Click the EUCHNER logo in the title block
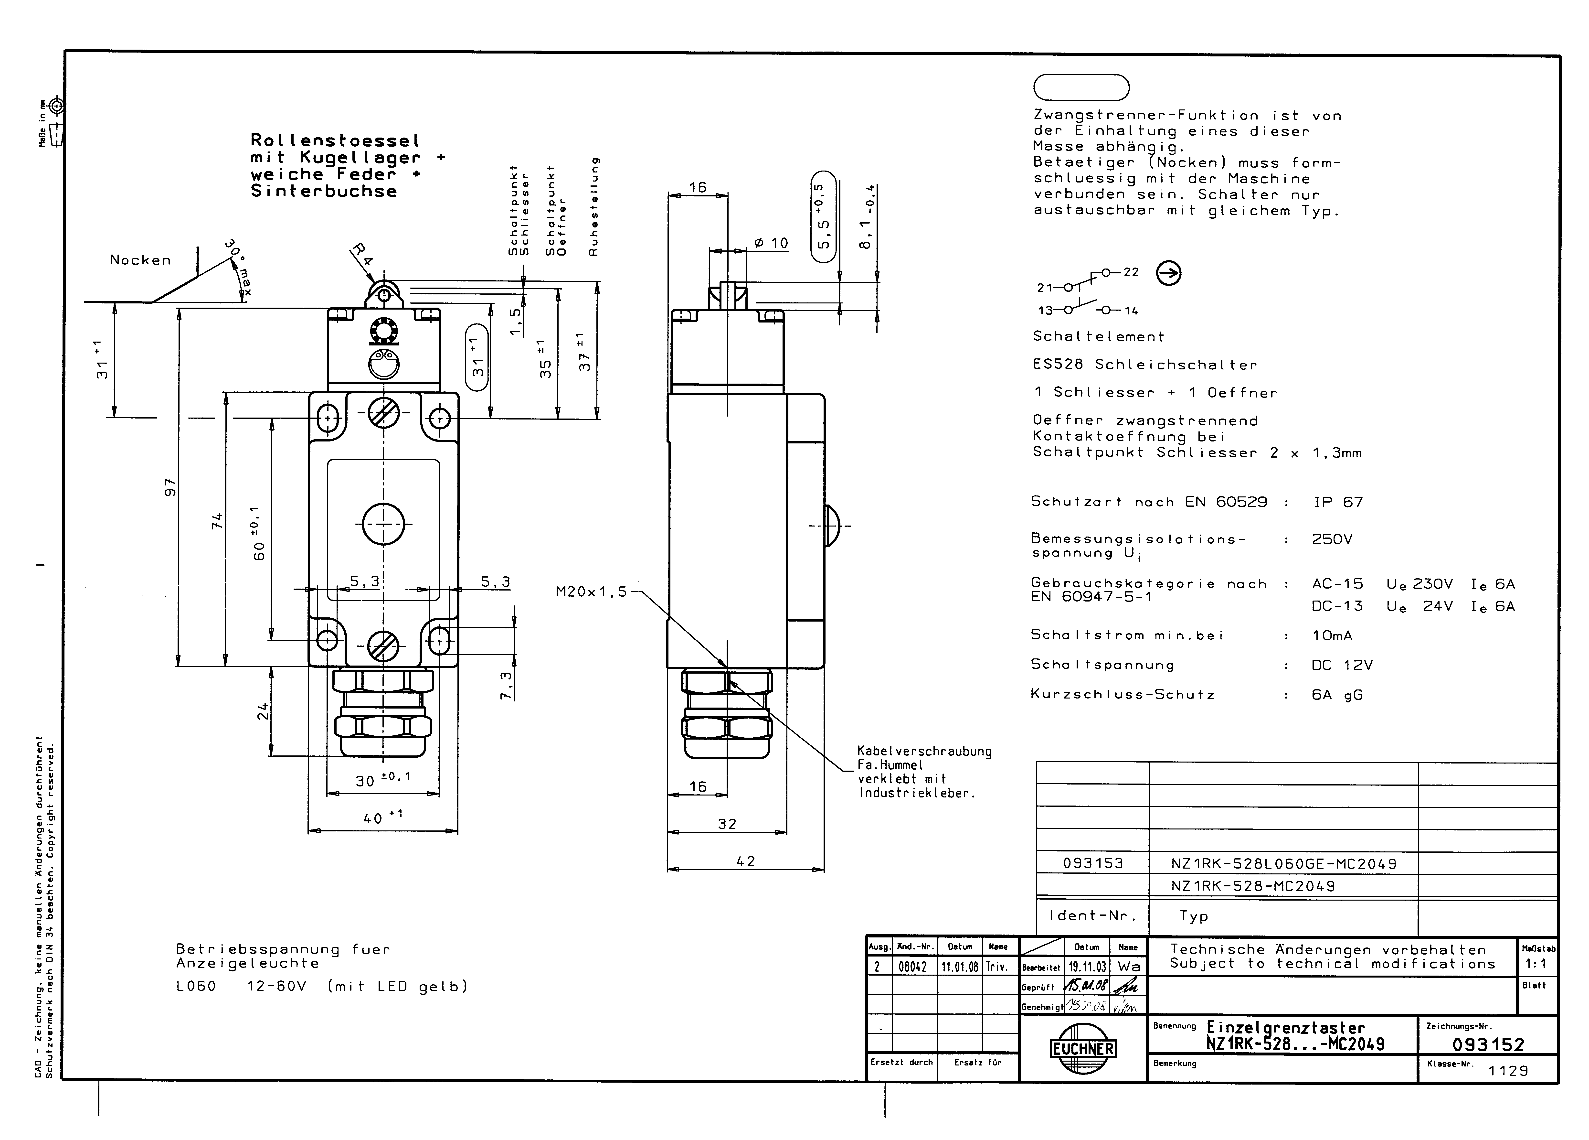click(1082, 1048)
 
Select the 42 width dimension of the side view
click(746, 861)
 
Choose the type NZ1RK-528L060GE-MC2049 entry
click(1283, 864)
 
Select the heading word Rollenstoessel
click(335, 141)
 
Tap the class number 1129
click(1508, 1071)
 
